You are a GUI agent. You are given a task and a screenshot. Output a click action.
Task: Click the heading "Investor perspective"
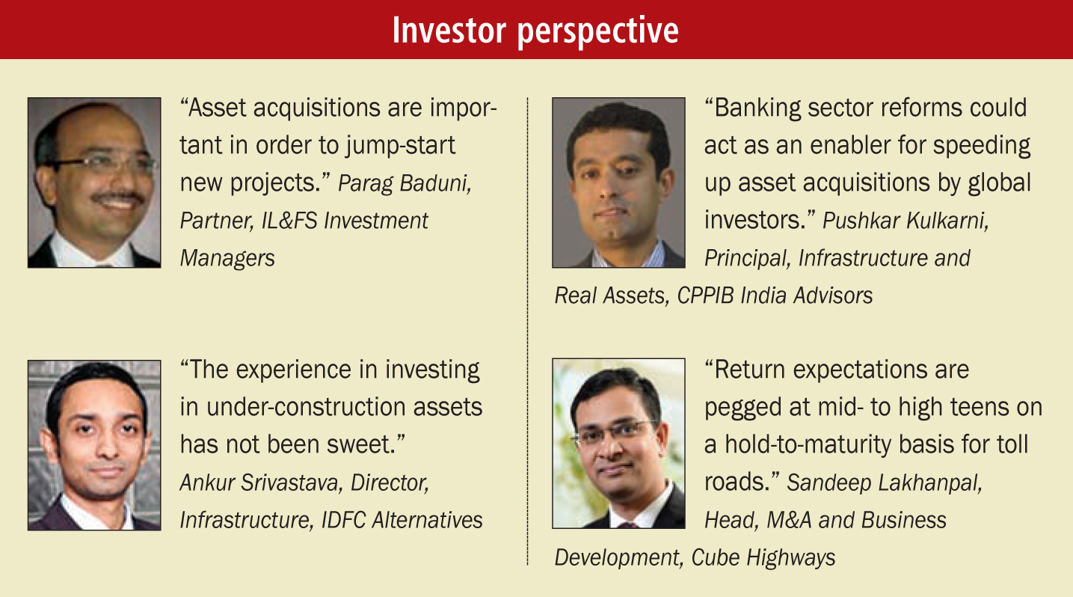535,31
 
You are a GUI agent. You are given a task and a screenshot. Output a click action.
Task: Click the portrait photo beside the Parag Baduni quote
94,183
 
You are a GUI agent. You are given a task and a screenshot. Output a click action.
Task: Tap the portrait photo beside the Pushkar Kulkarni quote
618,183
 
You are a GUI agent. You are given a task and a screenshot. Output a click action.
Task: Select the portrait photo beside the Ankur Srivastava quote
94,445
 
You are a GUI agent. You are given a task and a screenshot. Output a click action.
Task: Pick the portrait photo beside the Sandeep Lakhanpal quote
618,444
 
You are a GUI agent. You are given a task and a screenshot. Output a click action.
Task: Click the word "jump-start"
400,146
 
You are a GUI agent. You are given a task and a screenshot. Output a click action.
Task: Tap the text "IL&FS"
289,221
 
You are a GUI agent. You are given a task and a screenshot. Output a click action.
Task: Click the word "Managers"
227,258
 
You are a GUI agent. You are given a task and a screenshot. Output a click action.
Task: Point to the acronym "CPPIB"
706,296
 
